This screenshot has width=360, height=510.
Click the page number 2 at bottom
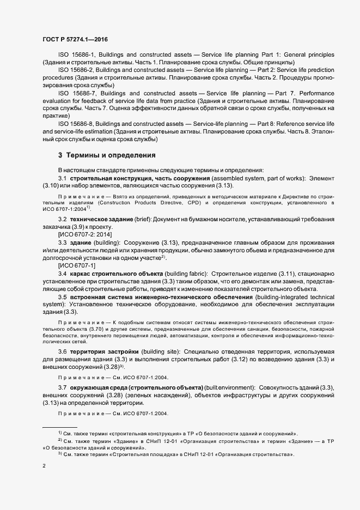[44, 467]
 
